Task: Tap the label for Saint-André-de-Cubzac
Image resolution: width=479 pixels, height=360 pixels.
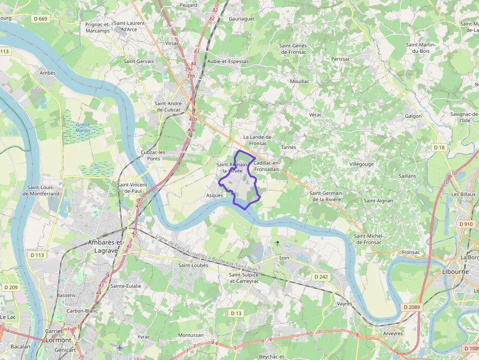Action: (x=169, y=106)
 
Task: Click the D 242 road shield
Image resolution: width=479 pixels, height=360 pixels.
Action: (x=321, y=276)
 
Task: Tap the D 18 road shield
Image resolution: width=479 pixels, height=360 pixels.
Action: (x=439, y=147)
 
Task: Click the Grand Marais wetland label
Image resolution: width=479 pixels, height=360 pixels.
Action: (x=83, y=127)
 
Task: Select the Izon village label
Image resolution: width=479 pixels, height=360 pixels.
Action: (x=284, y=257)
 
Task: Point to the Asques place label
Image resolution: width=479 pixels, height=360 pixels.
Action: (x=214, y=195)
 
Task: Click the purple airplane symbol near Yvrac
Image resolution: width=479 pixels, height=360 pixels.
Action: (x=119, y=347)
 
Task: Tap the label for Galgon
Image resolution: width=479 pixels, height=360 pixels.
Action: (x=413, y=116)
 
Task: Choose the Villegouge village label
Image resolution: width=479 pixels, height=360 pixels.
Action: (x=361, y=164)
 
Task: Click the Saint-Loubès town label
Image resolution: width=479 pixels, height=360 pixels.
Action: (x=193, y=265)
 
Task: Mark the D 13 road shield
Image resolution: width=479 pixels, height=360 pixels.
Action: (x=236, y=313)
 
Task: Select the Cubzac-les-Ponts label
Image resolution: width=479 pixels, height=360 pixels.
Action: (x=153, y=155)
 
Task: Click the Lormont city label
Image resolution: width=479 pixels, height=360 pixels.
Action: (x=59, y=340)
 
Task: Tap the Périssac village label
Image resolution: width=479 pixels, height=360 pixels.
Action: (x=341, y=59)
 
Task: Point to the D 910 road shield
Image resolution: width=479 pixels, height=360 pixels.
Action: (x=466, y=224)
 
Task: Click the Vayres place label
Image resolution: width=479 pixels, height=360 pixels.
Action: (x=345, y=303)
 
